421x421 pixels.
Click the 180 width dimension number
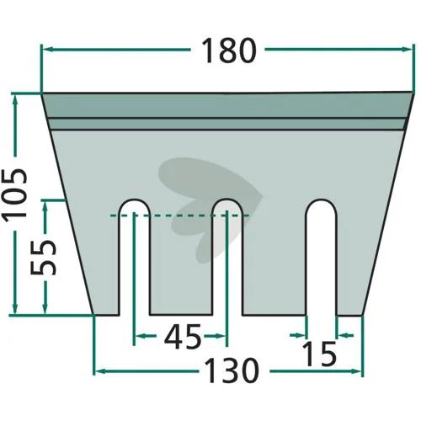[x=229, y=51]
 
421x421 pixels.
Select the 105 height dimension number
[x=14, y=194]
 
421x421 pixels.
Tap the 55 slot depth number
[x=44, y=258]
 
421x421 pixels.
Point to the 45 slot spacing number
[x=183, y=336]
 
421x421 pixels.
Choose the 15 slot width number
[x=319, y=354]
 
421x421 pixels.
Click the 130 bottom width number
[x=232, y=371]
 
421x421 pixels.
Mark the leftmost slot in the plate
[x=135, y=258]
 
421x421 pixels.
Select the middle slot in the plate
[x=227, y=258]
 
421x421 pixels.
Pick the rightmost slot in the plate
[x=321, y=258]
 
